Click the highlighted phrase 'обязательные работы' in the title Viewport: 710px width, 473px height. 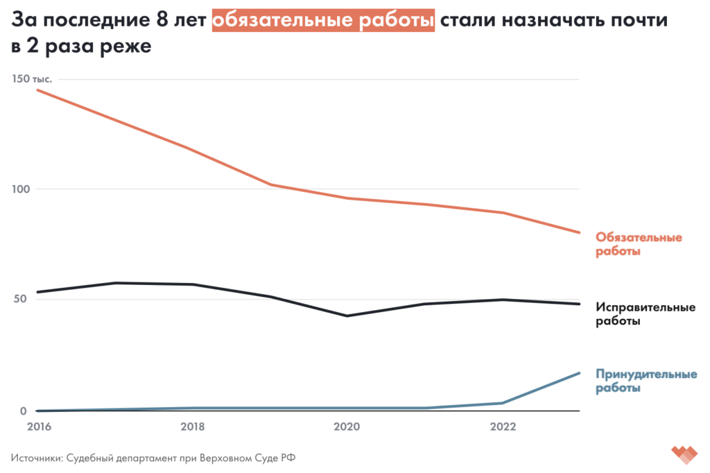pyautogui.click(x=324, y=21)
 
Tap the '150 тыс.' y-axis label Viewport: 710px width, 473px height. pyautogui.click(x=33, y=80)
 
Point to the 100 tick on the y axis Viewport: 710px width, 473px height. pyautogui.click(x=22, y=189)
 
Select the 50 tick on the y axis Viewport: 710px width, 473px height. pyautogui.click(x=19, y=300)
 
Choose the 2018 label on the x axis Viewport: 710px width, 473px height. pyautogui.click(x=193, y=427)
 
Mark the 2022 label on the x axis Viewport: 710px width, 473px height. pyautogui.click(x=503, y=427)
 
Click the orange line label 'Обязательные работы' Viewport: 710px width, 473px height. pyautogui.click(x=639, y=244)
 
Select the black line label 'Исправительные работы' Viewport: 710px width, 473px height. pyautogui.click(x=646, y=313)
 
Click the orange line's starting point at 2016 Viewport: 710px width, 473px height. pyautogui.click(x=38, y=90)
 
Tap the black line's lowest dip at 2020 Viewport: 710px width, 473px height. pyautogui.click(x=347, y=316)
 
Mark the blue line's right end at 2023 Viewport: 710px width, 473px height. pyautogui.click(x=579, y=373)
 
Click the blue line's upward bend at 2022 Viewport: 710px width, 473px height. pyautogui.click(x=502, y=402)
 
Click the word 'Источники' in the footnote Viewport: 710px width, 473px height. pyautogui.click(x=36, y=458)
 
